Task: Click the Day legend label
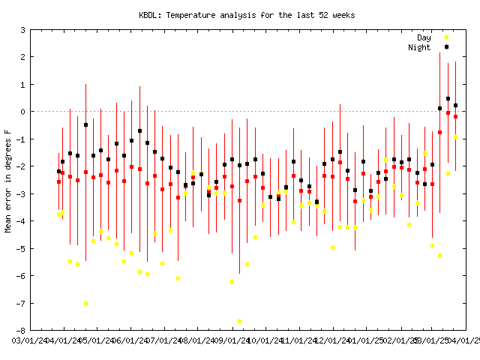[x=423, y=37]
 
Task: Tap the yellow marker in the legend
[x=447, y=37]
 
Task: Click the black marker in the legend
[x=447, y=47]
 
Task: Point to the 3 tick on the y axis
[x=22, y=30]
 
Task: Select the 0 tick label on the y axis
[x=22, y=112]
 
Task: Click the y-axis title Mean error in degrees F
[x=8, y=180]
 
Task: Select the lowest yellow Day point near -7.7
[x=239, y=321]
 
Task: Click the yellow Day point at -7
[x=85, y=303]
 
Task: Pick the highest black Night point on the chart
[x=448, y=98]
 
